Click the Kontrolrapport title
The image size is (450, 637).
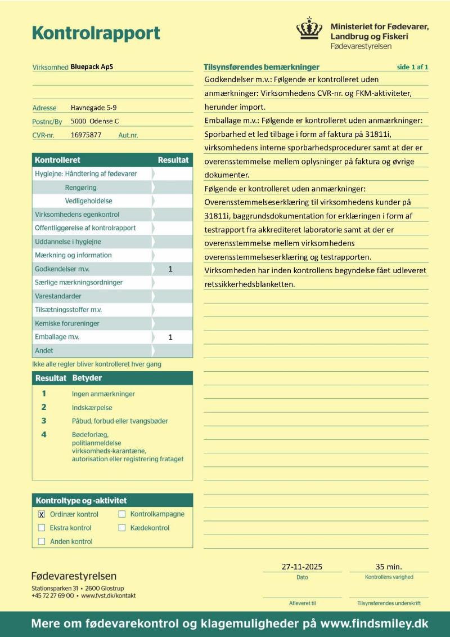coord(96,33)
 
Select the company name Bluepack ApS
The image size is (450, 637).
coord(92,66)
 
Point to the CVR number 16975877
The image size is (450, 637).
coord(86,135)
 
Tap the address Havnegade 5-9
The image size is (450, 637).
coord(94,108)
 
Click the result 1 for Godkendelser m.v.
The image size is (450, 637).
coord(170,269)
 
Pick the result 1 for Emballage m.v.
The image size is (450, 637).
coord(170,337)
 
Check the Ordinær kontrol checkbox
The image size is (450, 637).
coord(42,514)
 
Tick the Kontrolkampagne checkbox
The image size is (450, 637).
coord(122,514)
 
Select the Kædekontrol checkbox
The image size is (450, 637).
coord(122,528)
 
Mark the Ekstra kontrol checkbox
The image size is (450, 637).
coord(42,528)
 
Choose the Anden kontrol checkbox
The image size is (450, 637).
coord(42,541)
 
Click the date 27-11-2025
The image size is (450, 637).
coord(302,567)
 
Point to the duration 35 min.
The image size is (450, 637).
coord(389,567)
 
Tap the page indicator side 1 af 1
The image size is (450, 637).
coord(412,67)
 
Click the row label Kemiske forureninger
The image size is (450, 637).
coord(67,323)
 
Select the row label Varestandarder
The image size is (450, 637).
coord(58,296)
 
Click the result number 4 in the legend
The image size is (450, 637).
coord(44,434)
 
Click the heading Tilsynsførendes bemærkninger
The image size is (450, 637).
coord(262,67)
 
